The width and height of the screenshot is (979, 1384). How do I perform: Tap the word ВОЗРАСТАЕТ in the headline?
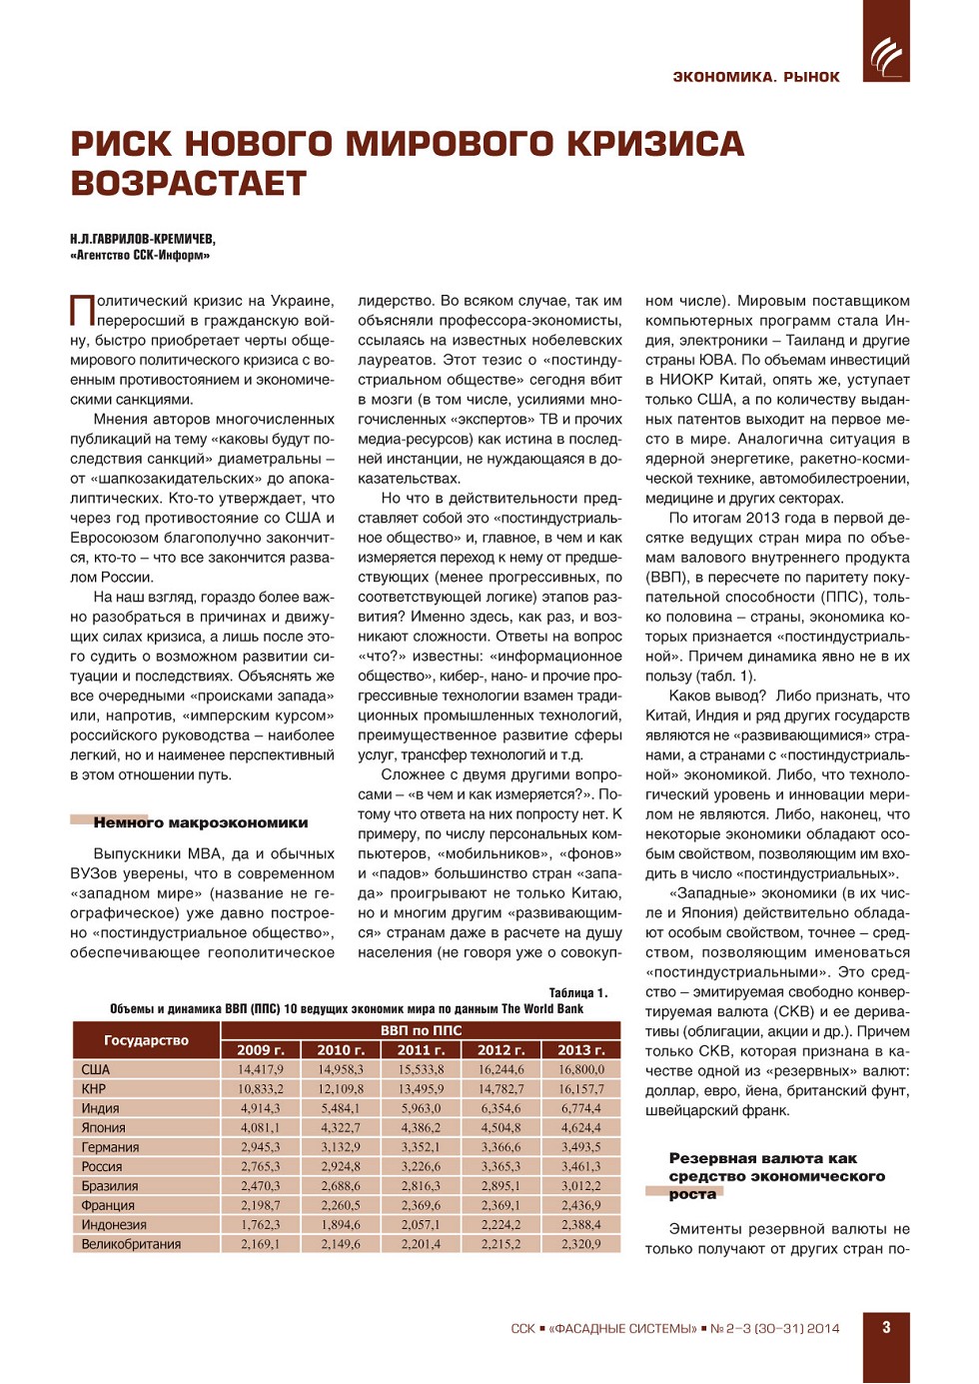point(188,184)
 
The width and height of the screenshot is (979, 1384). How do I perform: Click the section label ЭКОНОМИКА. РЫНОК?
point(755,77)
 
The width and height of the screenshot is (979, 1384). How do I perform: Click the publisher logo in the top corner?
point(886,55)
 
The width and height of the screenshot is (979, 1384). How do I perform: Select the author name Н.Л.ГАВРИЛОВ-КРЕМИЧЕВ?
point(143,239)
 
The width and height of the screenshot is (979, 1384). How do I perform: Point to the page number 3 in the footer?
point(886,1327)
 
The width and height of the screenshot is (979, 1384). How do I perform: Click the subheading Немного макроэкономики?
point(201,822)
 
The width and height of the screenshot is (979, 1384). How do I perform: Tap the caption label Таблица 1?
point(577,992)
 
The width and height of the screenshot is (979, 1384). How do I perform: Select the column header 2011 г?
point(421,1050)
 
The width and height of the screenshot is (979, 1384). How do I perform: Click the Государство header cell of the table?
point(146,1040)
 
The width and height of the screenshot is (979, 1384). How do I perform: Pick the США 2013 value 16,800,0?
point(580,1069)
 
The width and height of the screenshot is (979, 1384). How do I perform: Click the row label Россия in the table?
point(102,1166)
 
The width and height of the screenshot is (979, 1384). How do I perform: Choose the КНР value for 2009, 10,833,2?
point(260,1089)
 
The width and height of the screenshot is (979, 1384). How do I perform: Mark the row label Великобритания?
point(131,1244)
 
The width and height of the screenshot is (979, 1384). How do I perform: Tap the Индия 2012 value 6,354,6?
point(500,1108)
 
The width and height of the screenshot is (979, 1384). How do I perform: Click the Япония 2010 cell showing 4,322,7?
point(340,1128)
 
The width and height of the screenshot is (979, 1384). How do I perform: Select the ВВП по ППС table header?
point(421,1030)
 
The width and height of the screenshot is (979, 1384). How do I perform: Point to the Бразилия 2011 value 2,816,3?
point(421,1186)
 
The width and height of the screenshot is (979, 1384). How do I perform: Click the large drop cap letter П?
point(81,310)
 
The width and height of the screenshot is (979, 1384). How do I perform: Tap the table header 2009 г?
point(260,1050)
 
